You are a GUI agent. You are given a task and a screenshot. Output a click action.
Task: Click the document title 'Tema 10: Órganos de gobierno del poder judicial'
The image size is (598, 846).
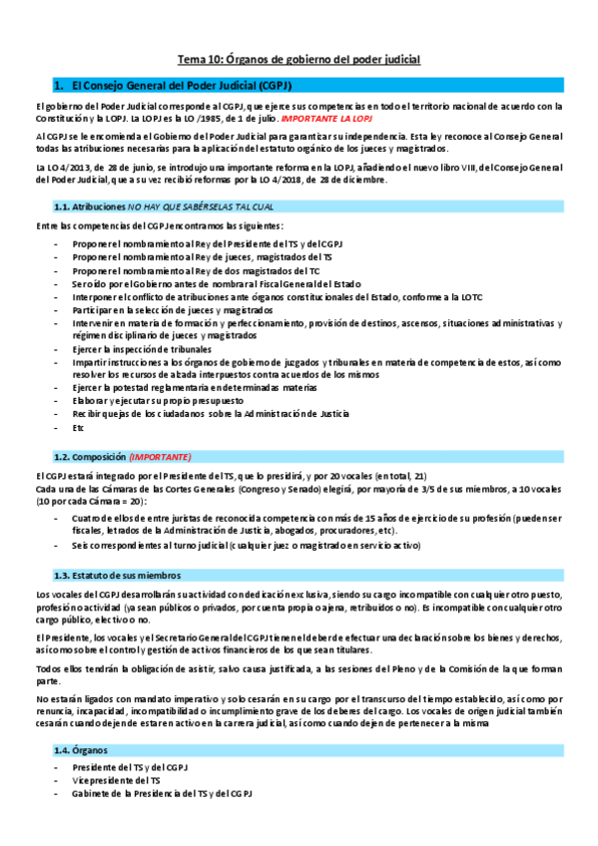[x=299, y=60]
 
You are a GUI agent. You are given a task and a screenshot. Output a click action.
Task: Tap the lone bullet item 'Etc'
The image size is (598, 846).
[x=78, y=426]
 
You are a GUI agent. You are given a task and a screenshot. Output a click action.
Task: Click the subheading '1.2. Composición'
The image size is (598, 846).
[x=90, y=456]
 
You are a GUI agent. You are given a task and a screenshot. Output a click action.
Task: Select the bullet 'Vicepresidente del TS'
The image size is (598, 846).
[x=116, y=780]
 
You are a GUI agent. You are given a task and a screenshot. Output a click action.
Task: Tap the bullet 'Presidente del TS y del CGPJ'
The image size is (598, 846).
[x=130, y=766]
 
